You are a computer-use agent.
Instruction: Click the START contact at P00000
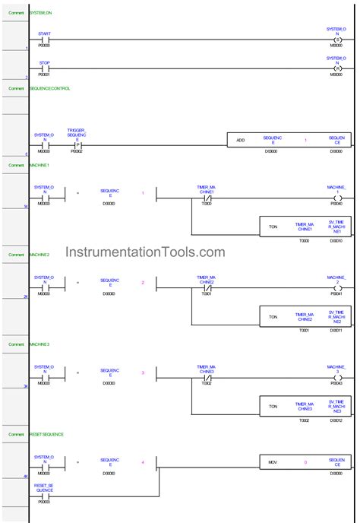point(44,40)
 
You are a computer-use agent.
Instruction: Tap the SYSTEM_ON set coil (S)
point(339,40)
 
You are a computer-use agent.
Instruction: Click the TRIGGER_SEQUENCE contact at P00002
point(76,143)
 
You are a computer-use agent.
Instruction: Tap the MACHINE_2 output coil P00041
point(338,289)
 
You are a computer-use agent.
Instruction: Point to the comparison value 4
point(143,462)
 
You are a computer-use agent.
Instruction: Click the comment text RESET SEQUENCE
point(46,434)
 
